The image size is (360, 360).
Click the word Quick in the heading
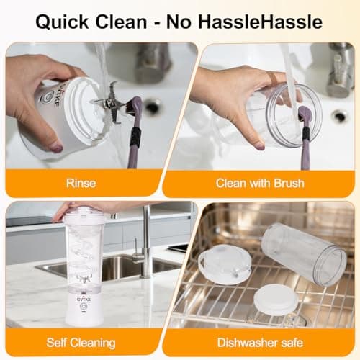coord(62,22)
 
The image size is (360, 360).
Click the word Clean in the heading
coord(121,22)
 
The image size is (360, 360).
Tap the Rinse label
coord(81,183)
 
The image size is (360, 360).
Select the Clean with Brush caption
coord(260,183)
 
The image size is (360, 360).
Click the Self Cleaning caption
coord(81,343)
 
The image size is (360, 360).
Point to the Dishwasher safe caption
coord(260,343)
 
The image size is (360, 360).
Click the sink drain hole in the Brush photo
coord(339,116)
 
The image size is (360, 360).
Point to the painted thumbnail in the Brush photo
coord(259,145)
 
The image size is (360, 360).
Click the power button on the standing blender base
coord(84,307)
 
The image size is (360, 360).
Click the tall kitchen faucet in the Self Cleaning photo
coord(145,243)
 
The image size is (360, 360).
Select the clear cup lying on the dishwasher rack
coord(305,254)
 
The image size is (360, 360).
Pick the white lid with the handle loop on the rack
coord(225,264)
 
